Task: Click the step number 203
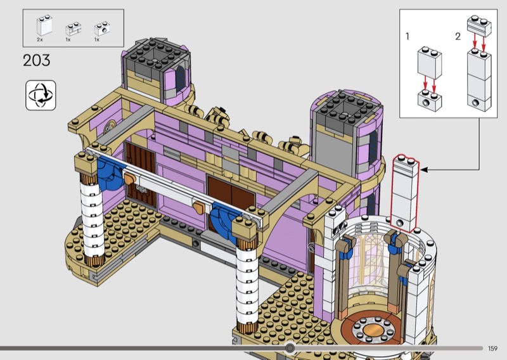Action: pos(37,60)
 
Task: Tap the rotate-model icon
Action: pos(41,96)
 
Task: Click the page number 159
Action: pos(492,349)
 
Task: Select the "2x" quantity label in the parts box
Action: pos(40,39)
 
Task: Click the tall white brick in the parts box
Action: pos(44,25)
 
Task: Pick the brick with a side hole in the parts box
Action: pos(102,29)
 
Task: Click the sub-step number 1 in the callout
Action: pos(408,37)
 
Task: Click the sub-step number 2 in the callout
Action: pos(458,37)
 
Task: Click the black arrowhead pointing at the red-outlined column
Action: pos(424,169)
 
